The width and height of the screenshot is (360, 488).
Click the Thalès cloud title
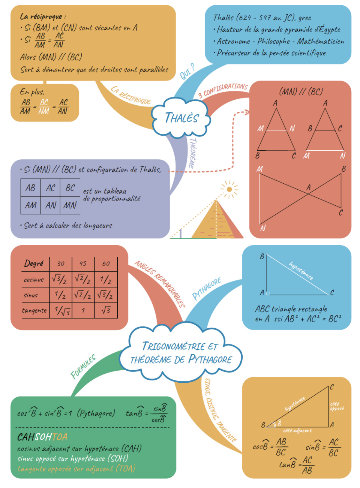coord(181,118)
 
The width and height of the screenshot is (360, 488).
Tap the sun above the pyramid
coord(229,189)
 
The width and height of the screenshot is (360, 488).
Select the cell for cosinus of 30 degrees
coord(60,279)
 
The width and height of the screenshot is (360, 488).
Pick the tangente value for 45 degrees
coord(83,310)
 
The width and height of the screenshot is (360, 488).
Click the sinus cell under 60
coord(106,295)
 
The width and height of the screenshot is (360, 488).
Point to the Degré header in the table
coord(34,263)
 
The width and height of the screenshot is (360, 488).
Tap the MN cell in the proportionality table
coord(70,205)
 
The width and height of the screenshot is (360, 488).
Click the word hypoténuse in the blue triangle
coord(301,271)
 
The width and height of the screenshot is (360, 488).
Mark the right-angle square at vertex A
coord(267,293)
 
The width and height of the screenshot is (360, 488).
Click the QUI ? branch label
coord(187,71)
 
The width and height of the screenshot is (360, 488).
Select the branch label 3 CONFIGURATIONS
coord(223,90)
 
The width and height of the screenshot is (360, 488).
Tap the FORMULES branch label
coord(83,366)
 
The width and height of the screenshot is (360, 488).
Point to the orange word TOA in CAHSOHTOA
coord(60,437)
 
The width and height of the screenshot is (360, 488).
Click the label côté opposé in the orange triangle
coord(336,406)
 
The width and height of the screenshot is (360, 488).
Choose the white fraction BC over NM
coord(44,106)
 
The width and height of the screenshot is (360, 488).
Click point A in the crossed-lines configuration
coord(308,187)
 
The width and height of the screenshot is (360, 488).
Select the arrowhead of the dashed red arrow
coord(247,112)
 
